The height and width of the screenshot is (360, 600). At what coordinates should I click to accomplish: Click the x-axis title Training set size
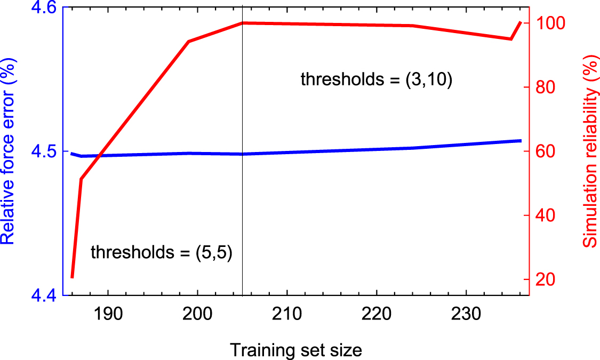[x=296, y=350]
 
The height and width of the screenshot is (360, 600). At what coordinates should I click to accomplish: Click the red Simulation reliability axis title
[x=589, y=151]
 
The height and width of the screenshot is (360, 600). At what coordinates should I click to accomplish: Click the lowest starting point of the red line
[x=72, y=277]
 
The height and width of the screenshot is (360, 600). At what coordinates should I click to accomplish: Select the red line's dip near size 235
[x=511, y=39]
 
